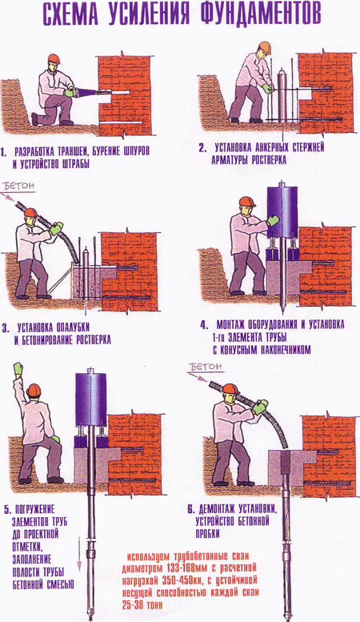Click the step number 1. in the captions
pos(4,151)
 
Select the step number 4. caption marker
pos(204,326)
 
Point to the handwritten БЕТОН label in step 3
pos(19,186)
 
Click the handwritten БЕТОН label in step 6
pos(206,367)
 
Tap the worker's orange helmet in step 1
pos(54,59)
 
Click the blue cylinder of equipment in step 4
pos(282,211)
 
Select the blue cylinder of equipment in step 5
pos(90,399)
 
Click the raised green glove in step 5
pos(18,369)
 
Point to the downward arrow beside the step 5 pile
pos(79,554)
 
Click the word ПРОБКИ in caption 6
pos(207,533)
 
